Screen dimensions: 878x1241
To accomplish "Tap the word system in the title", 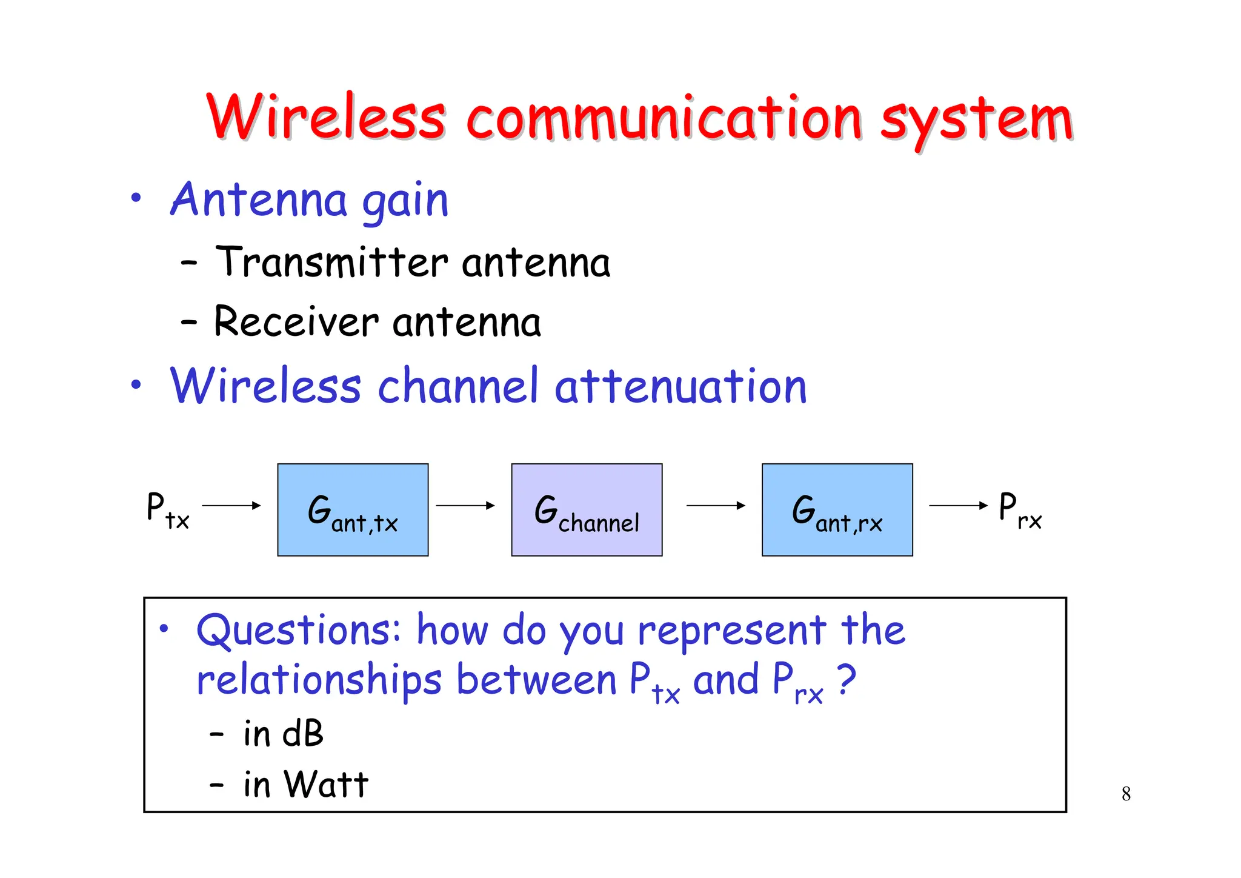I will (977, 119).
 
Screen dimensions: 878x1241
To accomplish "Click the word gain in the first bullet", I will (405, 201).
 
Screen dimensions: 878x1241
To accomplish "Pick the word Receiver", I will (296, 321).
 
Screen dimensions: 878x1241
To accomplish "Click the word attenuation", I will (680, 386).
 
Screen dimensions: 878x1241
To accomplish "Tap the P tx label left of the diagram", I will (167, 510).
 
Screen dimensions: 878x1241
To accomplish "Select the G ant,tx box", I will (353, 510).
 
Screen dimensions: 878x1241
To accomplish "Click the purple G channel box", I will (587, 510).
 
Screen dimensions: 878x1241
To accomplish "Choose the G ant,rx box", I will (837, 510).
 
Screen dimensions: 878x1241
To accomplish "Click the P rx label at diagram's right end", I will (1020, 510).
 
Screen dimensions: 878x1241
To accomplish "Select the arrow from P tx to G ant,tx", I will (231, 505).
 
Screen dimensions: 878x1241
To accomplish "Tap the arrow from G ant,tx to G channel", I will (465, 505).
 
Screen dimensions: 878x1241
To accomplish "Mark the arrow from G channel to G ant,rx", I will (715, 505).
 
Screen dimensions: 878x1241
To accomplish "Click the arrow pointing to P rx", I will (958, 505).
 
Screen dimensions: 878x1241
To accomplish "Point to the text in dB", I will (283, 734).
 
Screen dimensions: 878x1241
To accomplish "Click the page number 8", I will (1126, 794).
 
